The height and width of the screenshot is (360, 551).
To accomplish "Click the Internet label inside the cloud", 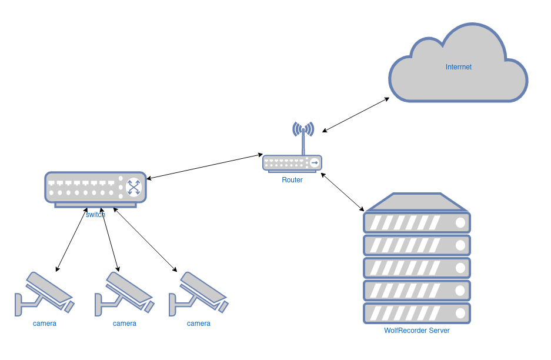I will coord(458,67).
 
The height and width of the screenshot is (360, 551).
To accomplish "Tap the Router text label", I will coord(292,180).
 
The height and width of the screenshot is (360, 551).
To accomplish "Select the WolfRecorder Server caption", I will coord(416,331).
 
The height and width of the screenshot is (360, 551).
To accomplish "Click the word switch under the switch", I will coord(95,215).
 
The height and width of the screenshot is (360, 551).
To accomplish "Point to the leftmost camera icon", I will coord(44,293).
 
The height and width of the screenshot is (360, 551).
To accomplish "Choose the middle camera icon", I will coord(124,293).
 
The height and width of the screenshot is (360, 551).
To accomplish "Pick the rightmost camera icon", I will coord(198,293).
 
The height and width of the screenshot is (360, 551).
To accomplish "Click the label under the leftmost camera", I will coord(45,324).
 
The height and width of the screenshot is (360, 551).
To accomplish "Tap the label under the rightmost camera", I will coord(199,324).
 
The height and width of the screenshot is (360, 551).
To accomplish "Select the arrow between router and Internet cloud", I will coord(356,114).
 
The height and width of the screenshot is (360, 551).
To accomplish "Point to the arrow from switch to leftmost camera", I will coord(72,239).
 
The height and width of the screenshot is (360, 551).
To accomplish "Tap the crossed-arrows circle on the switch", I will coord(134,187).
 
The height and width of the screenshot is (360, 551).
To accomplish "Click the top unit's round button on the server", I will coord(460,223).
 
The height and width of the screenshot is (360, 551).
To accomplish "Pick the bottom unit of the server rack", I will coord(417,313).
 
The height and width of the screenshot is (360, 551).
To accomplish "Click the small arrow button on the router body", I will coord(315,162).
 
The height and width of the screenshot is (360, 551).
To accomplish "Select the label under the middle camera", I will coord(125,324).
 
